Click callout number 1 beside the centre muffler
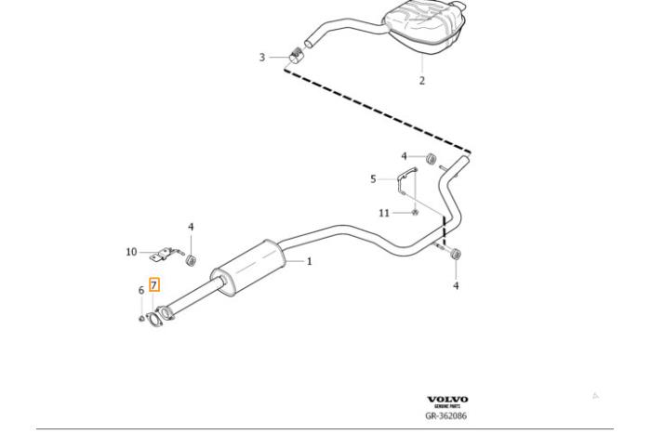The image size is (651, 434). tap(310, 261)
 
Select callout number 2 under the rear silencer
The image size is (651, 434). tap(421, 81)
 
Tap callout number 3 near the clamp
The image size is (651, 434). tap(262, 58)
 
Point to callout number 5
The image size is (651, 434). tap(373, 178)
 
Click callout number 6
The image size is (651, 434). tap(141, 291)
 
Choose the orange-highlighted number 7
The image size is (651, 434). tap(154, 285)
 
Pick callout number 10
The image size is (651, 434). tap(131, 252)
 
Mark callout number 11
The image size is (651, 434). tap(384, 213)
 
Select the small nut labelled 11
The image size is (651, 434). tap(414, 213)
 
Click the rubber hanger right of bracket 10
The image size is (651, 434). tap(191, 258)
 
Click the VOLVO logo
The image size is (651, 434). tap(447, 400)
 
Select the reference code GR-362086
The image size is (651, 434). tap(446, 416)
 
